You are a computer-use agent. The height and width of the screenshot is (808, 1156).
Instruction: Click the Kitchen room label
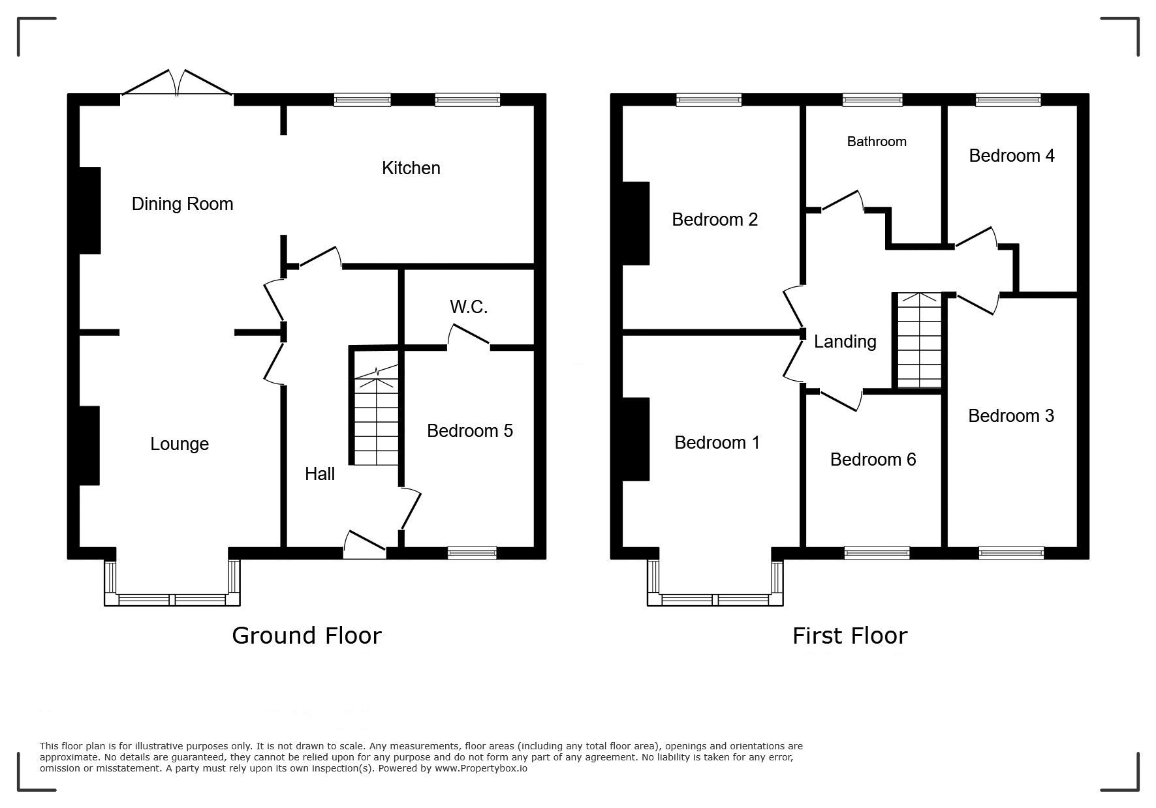pyautogui.click(x=411, y=168)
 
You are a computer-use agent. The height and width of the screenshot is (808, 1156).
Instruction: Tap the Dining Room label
pyautogui.click(x=182, y=204)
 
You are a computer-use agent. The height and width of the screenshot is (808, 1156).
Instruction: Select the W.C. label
pyautogui.click(x=469, y=307)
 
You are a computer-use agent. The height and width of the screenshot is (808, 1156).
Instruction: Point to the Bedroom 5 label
pyautogui.click(x=470, y=430)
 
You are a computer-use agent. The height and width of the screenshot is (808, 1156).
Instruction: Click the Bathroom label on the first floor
pyautogui.click(x=877, y=142)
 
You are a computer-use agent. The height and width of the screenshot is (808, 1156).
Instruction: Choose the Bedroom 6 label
pyautogui.click(x=873, y=460)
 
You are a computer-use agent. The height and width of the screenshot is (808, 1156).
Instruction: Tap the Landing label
pyautogui.click(x=845, y=342)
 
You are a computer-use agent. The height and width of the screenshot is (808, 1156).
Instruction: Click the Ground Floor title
pyautogui.click(x=306, y=635)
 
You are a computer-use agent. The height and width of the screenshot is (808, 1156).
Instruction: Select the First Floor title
pyautogui.click(x=850, y=635)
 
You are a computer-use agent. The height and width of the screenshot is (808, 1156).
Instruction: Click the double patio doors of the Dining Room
pyautogui.click(x=177, y=85)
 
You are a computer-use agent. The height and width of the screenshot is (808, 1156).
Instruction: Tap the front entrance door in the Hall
pyautogui.click(x=364, y=545)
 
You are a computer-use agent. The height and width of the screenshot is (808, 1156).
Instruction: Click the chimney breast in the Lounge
pyautogui.click(x=89, y=445)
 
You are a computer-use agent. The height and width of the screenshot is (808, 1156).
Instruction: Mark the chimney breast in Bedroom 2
pyautogui.click(x=636, y=223)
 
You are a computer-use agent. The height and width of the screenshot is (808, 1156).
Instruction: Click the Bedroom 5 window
pyautogui.click(x=472, y=553)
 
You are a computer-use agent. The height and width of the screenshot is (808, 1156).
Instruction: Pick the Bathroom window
pyautogui.click(x=873, y=100)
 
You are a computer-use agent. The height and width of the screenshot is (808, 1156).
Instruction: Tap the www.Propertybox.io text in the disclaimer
pyautogui.click(x=481, y=768)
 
